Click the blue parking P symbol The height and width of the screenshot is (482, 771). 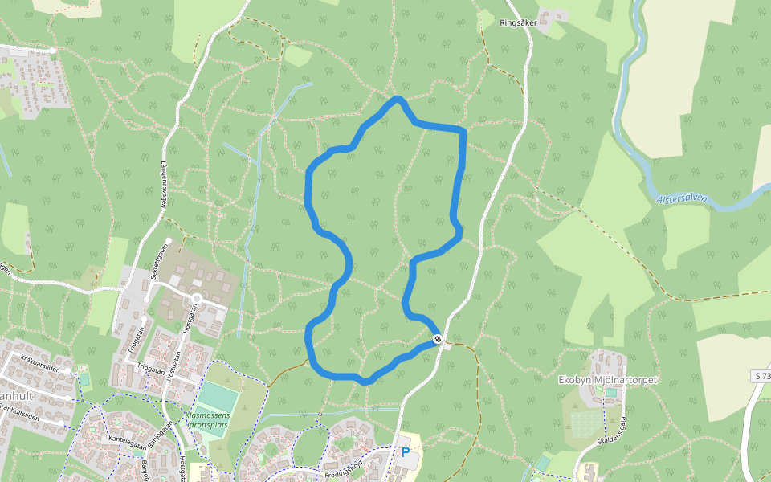coord(406,452)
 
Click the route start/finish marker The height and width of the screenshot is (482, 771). coord(438,339)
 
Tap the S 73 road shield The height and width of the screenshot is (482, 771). coord(761,376)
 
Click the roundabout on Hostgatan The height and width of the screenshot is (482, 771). coord(196,299)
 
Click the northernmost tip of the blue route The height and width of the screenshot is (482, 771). coord(397,99)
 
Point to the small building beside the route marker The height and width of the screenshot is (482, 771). coord(448,345)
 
